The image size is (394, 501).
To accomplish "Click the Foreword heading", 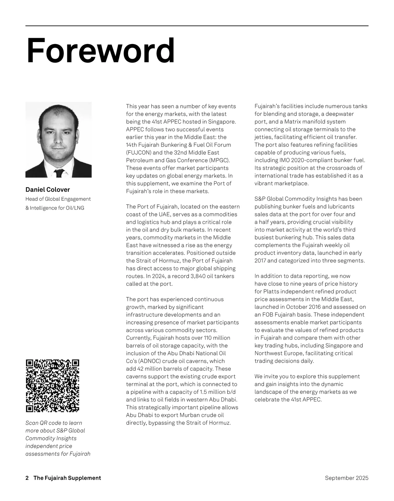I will [x=100, y=51].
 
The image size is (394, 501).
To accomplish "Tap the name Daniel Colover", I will [x=48, y=190].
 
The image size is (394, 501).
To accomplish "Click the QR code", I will [x=53, y=386].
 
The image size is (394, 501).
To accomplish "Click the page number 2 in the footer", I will [x=27, y=478].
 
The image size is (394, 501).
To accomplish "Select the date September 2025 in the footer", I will [x=346, y=478].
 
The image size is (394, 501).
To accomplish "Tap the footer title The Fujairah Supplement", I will [x=67, y=478].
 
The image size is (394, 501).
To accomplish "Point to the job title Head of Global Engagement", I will [x=58, y=199].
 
